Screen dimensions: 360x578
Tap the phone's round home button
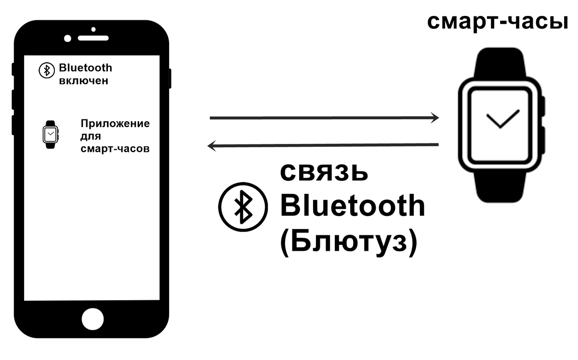point(92,319)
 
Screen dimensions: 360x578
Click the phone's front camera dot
point(67,38)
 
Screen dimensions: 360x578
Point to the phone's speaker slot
point(94,38)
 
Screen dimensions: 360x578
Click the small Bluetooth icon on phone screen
point(46,70)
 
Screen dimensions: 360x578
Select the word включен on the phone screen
point(83,81)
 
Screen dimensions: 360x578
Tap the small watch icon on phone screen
point(50,134)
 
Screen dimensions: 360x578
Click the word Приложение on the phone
point(115,124)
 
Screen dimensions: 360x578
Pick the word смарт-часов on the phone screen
point(115,149)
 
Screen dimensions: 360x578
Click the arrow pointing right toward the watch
point(324,117)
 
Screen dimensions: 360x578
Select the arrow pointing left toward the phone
point(323,145)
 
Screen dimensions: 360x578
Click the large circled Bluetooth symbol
point(243,206)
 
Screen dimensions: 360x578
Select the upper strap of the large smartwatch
point(500,63)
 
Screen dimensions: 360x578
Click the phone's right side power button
point(170,79)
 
